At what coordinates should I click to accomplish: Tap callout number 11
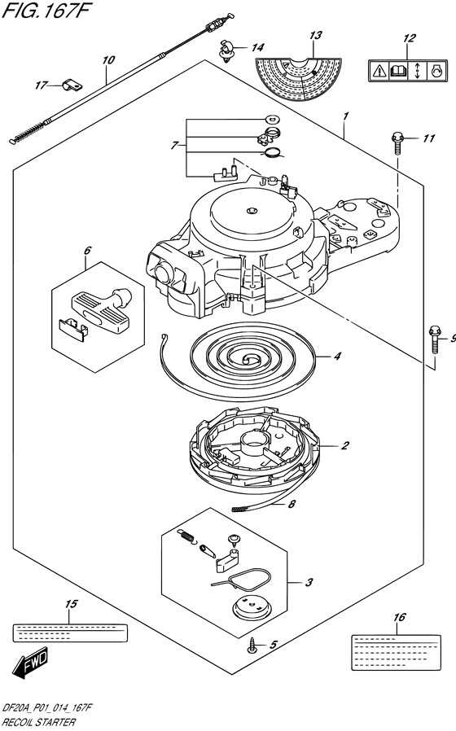[428, 138]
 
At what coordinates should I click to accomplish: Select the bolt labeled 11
[397, 142]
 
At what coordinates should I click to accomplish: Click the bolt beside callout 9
[435, 340]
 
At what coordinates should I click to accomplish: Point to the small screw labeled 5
[252, 646]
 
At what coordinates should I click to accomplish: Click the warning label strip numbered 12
[406, 71]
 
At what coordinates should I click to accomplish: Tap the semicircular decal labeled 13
[298, 79]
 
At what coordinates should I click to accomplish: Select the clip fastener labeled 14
[226, 50]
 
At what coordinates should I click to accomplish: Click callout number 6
[87, 251]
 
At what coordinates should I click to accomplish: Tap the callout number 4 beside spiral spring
[337, 357]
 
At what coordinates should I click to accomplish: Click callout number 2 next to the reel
[344, 446]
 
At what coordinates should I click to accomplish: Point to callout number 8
[292, 504]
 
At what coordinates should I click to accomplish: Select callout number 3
[309, 582]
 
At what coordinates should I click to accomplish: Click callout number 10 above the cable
[108, 60]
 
